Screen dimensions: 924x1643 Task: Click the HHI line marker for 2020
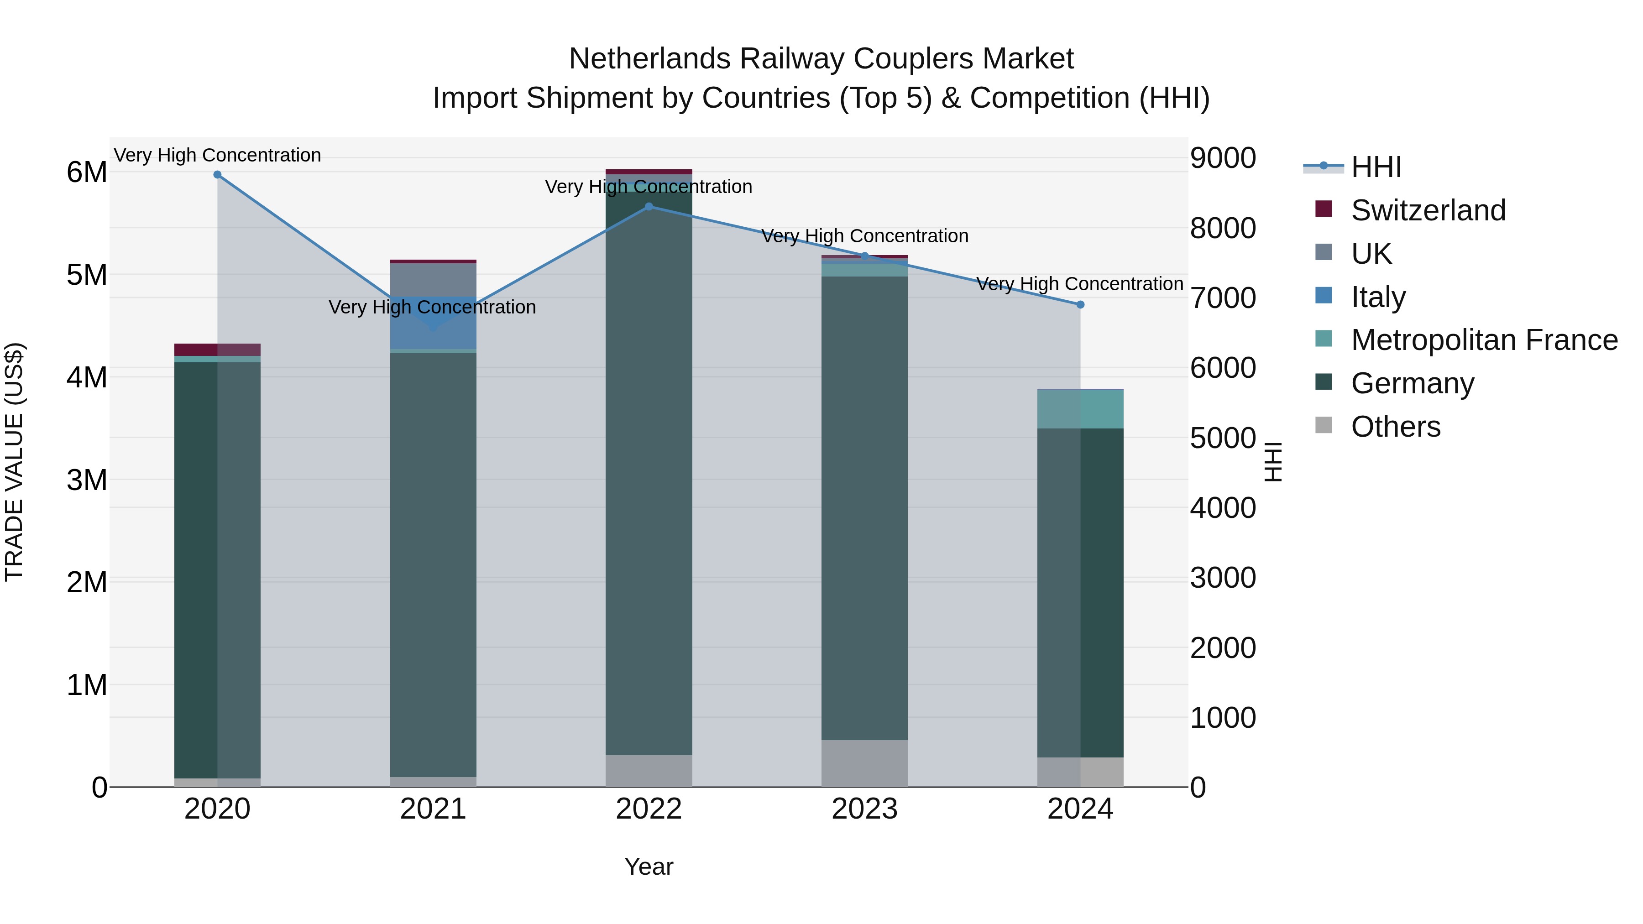coord(218,175)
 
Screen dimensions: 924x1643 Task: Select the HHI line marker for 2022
coord(649,207)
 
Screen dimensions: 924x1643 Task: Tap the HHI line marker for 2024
coord(1080,305)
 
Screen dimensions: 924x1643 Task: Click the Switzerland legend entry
coord(1428,210)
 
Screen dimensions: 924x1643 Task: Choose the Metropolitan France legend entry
coord(1484,340)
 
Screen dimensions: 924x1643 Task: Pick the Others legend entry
coord(1395,427)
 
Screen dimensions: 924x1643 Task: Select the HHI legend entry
coord(1375,167)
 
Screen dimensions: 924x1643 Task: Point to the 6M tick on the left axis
coord(87,172)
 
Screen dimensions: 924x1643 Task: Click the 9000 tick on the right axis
coord(1223,158)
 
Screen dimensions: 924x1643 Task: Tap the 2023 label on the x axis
coord(864,809)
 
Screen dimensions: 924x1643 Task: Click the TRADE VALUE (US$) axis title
coord(15,462)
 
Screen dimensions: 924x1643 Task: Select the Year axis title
coord(649,867)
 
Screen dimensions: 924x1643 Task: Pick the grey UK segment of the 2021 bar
coord(433,279)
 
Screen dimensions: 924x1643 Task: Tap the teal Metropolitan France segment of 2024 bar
coord(1080,409)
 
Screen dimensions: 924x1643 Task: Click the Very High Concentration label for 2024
coord(1080,284)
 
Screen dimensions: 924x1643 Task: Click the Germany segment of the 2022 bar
coord(649,472)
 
